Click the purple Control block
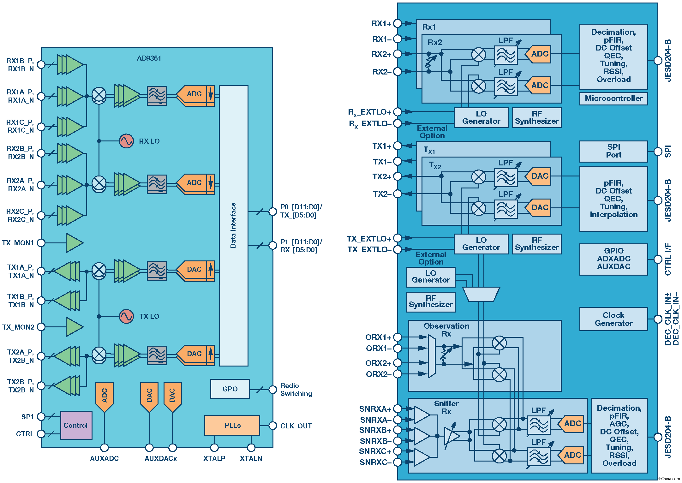(76, 425)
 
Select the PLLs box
(232, 425)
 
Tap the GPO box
(230, 389)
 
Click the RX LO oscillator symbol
(126, 141)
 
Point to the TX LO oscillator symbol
(126, 316)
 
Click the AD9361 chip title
(149, 58)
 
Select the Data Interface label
(233, 225)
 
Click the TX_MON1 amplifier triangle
(74, 243)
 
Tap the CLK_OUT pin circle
(273, 426)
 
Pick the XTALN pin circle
(251, 448)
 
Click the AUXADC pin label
(104, 458)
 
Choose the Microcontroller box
(613, 98)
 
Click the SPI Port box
(613, 151)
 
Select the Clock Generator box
(613, 319)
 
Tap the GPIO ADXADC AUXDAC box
(613, 259)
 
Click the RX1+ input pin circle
(398, 23)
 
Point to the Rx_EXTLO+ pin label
(369, 112)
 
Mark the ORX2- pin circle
(398, 374)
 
